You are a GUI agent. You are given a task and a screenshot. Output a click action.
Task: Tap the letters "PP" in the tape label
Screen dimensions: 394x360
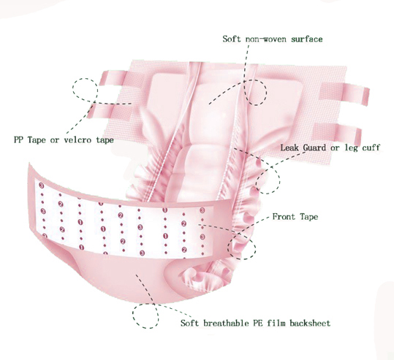(18, 139)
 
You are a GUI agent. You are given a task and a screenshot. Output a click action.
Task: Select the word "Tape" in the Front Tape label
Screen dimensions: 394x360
(308, 217)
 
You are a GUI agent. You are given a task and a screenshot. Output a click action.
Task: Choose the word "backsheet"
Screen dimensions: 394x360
(310, 323)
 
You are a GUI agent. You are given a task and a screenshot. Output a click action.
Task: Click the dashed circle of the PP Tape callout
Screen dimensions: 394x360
(72, 88)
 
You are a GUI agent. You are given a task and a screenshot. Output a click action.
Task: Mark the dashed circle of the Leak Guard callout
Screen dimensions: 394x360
(280, 180)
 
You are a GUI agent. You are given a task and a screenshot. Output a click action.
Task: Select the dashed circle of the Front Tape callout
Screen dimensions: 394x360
(256, 248)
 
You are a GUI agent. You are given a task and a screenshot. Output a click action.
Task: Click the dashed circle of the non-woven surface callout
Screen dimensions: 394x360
(266, 93)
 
